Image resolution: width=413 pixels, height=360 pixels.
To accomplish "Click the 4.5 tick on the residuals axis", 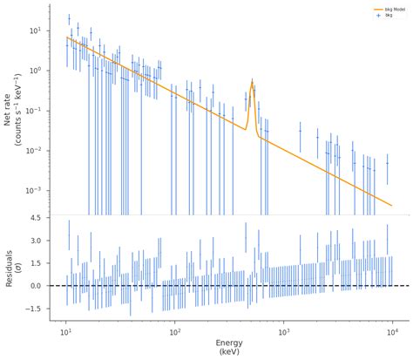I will pos(35,218).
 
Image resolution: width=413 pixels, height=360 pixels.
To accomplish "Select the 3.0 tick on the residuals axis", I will pos(35,241).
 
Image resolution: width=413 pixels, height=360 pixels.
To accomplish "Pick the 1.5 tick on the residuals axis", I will pos(35,263).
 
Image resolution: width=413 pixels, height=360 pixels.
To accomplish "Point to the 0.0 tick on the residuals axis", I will pos(35,286).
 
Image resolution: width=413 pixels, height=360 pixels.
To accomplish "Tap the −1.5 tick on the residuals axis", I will pos(33,309).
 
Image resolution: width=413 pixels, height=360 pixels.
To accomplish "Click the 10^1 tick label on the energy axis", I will pos(65,332).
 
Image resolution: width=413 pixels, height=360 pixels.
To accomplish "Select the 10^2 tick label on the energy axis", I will pos(174,332).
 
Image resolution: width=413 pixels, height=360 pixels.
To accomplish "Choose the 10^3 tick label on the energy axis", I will pos(283,332).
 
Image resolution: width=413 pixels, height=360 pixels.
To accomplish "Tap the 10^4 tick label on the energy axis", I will pos(392,332).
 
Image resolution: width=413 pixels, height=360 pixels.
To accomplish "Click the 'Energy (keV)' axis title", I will pos(228,349).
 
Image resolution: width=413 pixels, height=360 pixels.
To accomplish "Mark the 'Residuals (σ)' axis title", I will pos(13,268).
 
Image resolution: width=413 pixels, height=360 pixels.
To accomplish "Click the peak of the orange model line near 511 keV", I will pos(252,83).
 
